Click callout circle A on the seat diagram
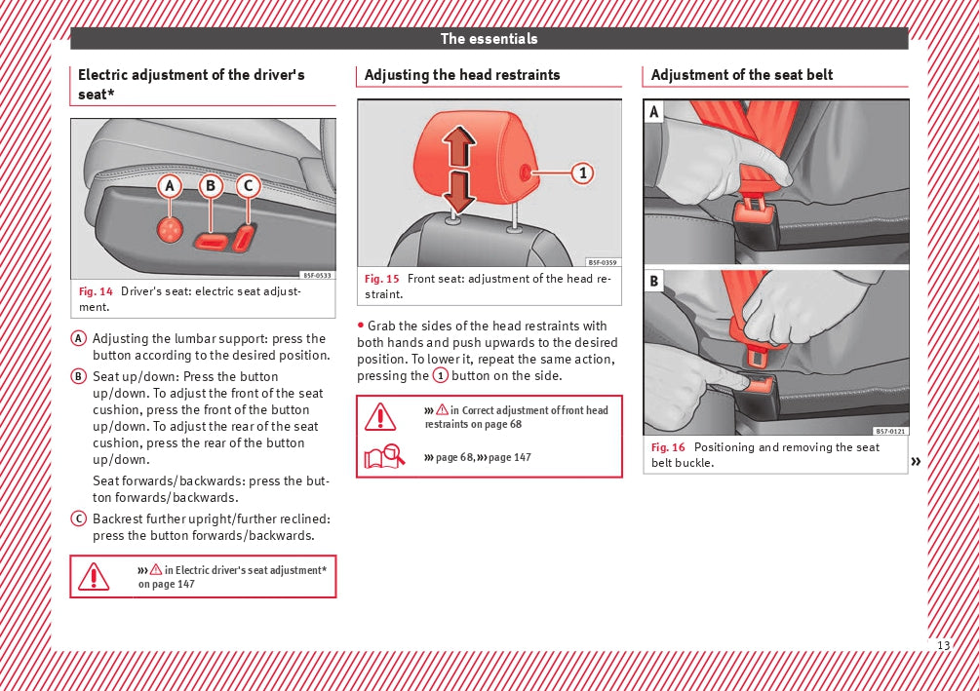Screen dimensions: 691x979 171,185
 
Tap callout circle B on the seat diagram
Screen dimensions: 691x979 211,185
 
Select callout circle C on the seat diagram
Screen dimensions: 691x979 248,185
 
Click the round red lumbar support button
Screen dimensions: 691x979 171,229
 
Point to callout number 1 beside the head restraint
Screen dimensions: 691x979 582,173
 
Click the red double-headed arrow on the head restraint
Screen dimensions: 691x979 459,172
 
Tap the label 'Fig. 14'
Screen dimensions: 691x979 96,291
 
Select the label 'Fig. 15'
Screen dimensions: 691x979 382,279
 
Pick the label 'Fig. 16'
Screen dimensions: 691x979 669,447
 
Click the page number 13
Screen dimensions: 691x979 943,646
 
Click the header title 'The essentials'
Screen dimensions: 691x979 489,39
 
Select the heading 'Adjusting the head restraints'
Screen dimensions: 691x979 462,75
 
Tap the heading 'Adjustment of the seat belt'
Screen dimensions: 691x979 742,75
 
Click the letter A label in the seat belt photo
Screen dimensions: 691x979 653,112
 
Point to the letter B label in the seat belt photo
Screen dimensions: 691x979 653,282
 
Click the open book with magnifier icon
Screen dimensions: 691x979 384,456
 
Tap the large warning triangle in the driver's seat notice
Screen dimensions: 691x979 94,576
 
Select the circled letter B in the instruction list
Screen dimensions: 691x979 78,376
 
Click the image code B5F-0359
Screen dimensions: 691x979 603,262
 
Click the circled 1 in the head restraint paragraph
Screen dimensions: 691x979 441,376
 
